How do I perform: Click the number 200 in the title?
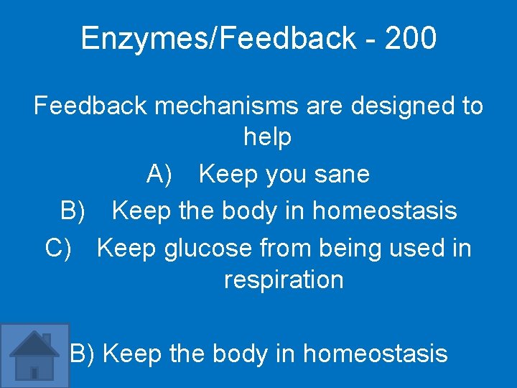click(410, 38)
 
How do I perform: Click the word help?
click(267, 137)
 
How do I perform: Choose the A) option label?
click(159, 174)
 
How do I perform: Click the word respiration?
click(284, 279)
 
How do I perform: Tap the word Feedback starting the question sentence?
click(90, 106)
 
